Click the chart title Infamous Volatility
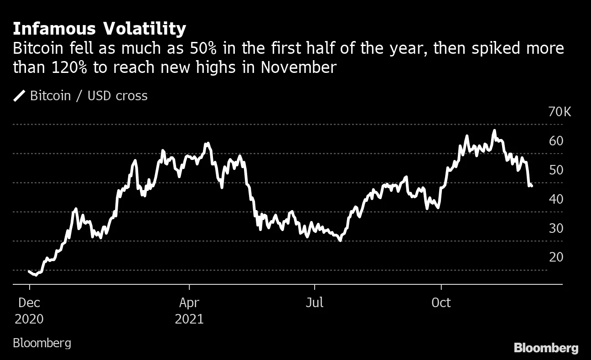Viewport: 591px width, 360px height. (x=99, y=29)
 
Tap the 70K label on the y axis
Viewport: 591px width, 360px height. (x=559, y=112)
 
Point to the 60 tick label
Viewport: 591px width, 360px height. (x=556, y=141)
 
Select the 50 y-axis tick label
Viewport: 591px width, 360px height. (x=556, y=170)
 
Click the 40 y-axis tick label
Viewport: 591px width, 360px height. (x=556, y=199)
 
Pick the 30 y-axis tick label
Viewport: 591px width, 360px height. (x=556, y=228)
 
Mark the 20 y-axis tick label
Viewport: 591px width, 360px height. (x=556, y=257)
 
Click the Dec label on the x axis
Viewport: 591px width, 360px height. (x=29, y=303)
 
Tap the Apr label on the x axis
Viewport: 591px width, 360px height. (x=189, y=303)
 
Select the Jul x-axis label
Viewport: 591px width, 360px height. (x=314, y=303)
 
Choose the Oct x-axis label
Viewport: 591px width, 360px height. (x=441, y=303)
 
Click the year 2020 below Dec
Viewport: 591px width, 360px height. (x=29, y=319)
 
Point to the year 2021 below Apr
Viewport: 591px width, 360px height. (x=189, y=319)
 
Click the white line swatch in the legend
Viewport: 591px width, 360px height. (x=20, y=96)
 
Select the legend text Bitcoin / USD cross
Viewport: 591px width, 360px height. (x=89, y=96)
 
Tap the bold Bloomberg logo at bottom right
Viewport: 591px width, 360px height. (x=546, y=348)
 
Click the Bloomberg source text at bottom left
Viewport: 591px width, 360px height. (x=42, y=343)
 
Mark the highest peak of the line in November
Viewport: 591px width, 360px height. (x=494, y=131)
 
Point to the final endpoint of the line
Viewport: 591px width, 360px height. (x=532, y=185)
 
